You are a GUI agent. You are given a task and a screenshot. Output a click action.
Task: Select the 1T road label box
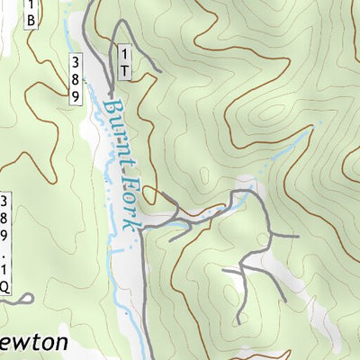[124, 63]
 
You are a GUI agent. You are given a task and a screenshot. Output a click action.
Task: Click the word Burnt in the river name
[117, 126]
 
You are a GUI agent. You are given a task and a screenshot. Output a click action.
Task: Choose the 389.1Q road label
[5, 243]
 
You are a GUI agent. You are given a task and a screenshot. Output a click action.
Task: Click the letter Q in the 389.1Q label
[5, 287]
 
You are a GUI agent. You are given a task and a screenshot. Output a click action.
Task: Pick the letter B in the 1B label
[31, 19]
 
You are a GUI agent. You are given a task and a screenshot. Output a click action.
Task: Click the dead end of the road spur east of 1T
[159, 70]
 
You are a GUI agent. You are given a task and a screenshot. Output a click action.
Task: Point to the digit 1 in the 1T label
[124, 55]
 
